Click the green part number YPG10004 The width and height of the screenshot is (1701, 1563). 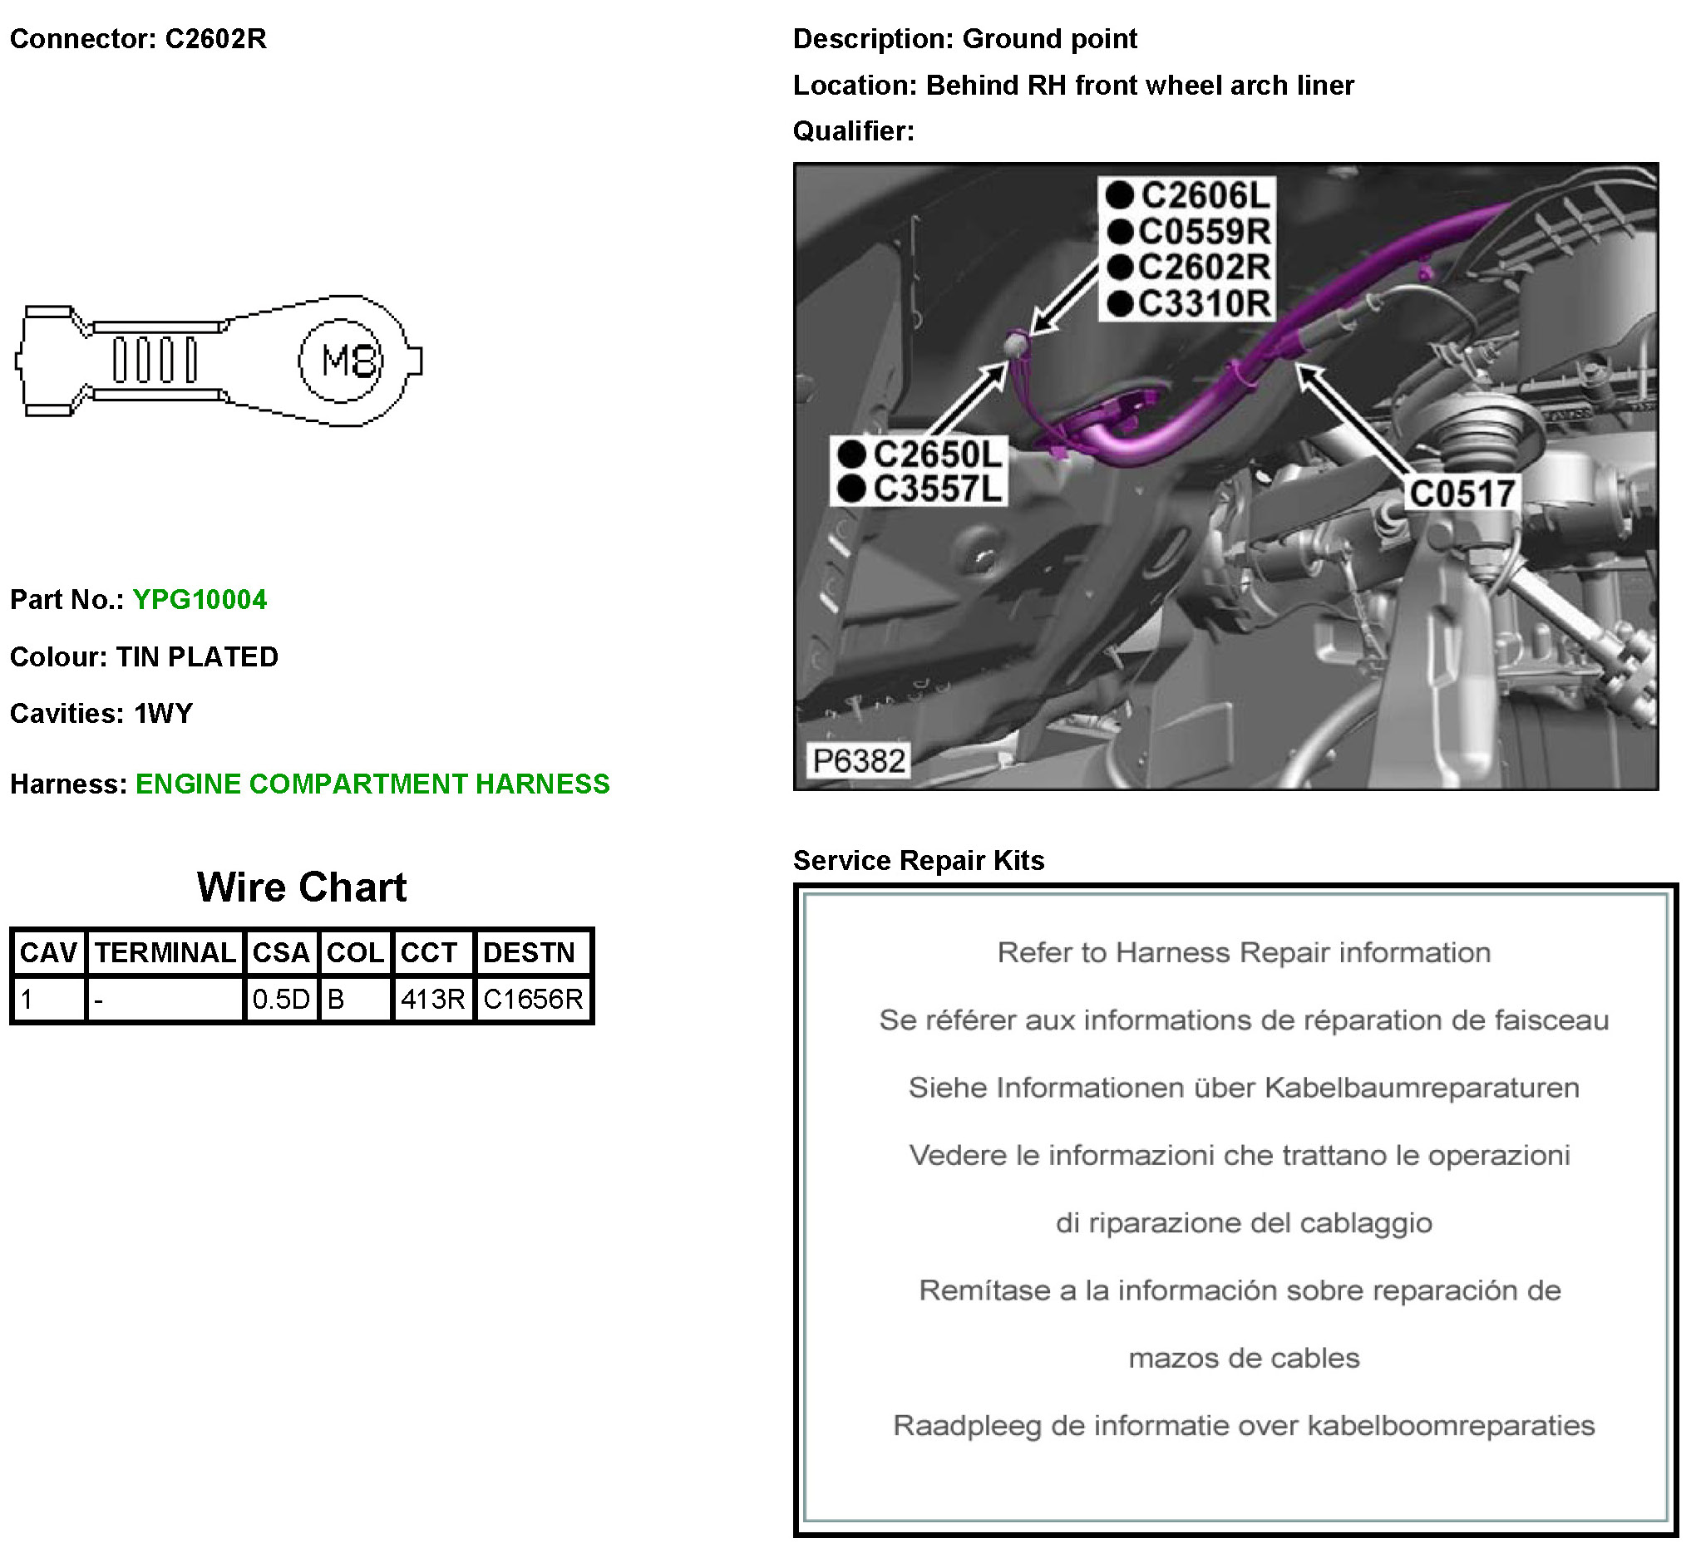point(200,600)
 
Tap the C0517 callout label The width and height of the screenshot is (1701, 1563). point(1462,494)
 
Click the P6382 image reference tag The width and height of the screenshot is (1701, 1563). point(859,761)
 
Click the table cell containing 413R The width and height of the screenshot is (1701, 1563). point(432,1000)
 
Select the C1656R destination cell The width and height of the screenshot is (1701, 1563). point(533,1000)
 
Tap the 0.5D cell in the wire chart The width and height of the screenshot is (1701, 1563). point(281,1000)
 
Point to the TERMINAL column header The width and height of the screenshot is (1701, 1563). point(165,953)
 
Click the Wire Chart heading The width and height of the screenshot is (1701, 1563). point(302,887)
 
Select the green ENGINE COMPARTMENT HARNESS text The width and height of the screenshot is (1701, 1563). point(372,784)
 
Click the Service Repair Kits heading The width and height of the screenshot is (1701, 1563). point(918,860)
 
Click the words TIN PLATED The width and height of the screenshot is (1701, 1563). point(197,657)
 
